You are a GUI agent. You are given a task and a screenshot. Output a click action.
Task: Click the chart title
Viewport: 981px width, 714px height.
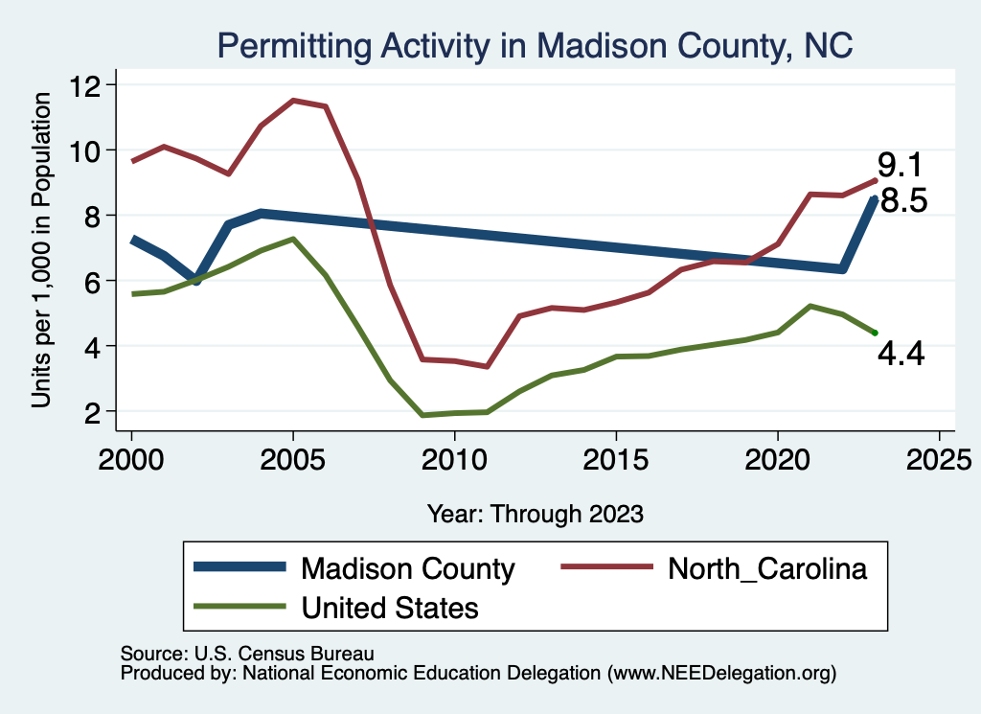(535, 45)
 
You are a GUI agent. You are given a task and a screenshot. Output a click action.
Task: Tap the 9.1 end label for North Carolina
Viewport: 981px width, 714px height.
(901, 166)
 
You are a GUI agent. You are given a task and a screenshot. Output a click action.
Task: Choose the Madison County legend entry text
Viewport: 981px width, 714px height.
(408, 568)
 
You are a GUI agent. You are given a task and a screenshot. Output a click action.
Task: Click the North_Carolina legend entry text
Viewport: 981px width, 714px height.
(767, 568)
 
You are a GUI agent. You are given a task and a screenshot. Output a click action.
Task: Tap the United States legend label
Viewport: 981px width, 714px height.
(390, 607)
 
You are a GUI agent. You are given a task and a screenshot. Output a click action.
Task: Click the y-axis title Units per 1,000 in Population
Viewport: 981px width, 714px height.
(41, 249)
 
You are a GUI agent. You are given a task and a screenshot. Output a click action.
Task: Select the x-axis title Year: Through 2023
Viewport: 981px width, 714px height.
(536, 514)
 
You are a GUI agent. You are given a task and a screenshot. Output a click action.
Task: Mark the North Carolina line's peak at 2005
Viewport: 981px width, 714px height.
(293, 100)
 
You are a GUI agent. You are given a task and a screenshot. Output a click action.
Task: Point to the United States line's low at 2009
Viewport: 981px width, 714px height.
(422, 415)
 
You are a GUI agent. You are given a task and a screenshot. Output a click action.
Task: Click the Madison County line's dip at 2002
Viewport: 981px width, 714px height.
(196, 281)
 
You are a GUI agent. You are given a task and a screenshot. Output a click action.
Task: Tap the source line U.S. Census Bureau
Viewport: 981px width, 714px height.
(246, 653)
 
